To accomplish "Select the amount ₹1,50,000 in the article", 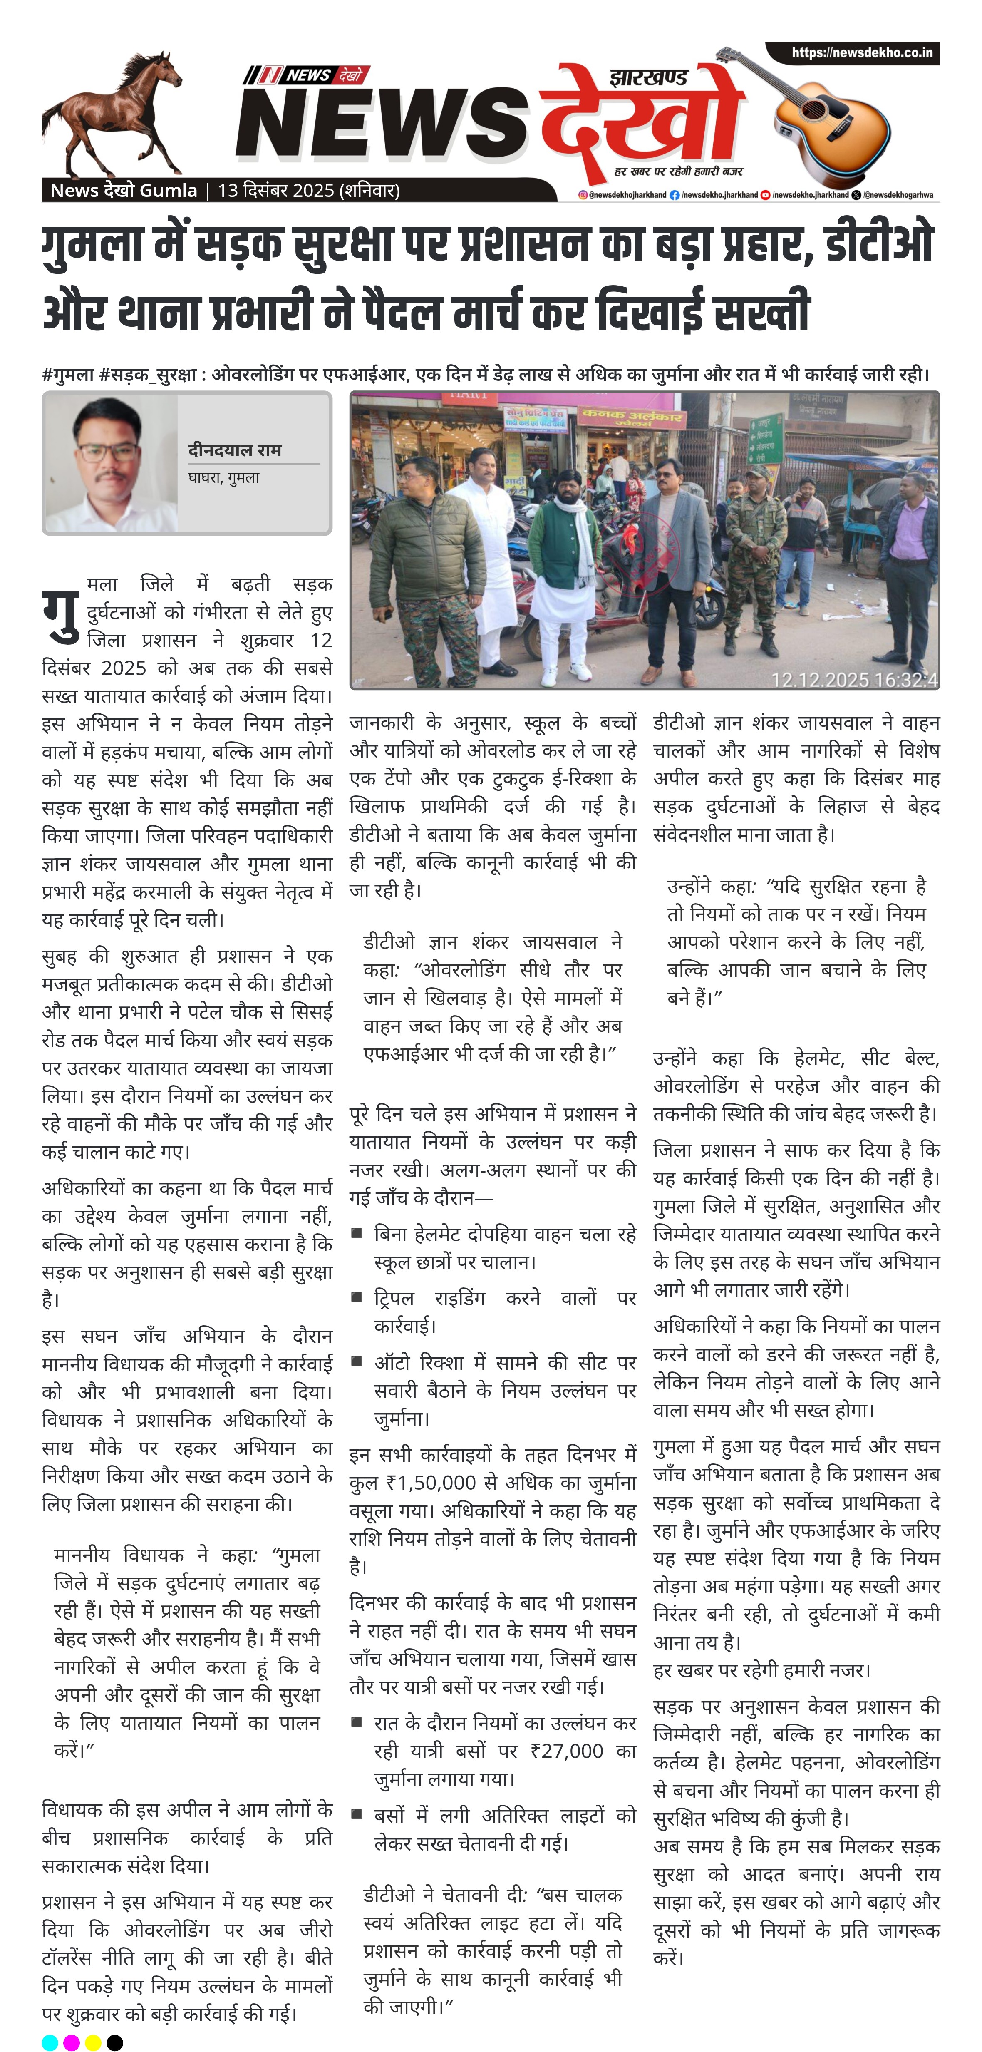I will point(431,1483).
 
